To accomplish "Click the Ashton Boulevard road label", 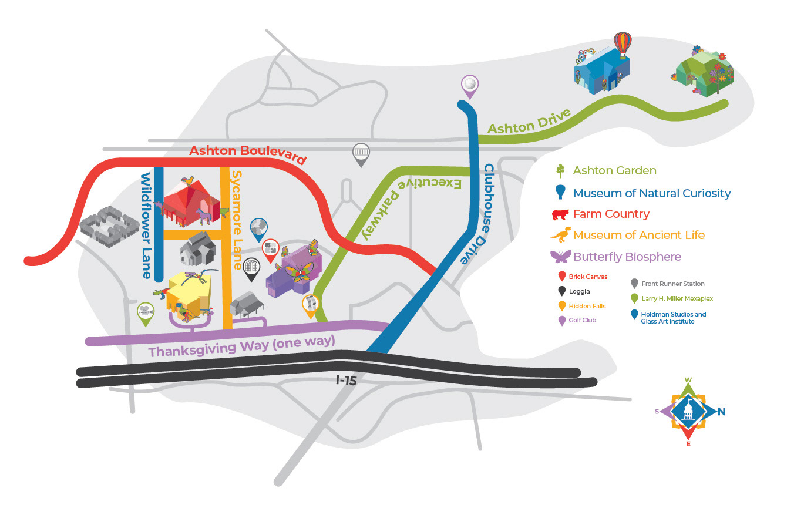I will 248,154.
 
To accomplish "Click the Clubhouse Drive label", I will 490,214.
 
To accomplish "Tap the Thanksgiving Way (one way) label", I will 241,346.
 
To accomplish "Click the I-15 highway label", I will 347,381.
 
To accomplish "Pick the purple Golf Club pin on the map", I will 469,86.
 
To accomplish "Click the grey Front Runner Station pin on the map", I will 362,154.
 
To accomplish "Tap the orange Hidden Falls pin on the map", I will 311,305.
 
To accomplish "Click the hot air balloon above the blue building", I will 622,44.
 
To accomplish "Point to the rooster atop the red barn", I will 188,180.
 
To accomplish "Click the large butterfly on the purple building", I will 299,275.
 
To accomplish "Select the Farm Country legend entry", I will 611,214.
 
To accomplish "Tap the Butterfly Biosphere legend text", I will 627,257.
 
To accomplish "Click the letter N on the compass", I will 721,412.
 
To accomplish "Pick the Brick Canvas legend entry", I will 588,276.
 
